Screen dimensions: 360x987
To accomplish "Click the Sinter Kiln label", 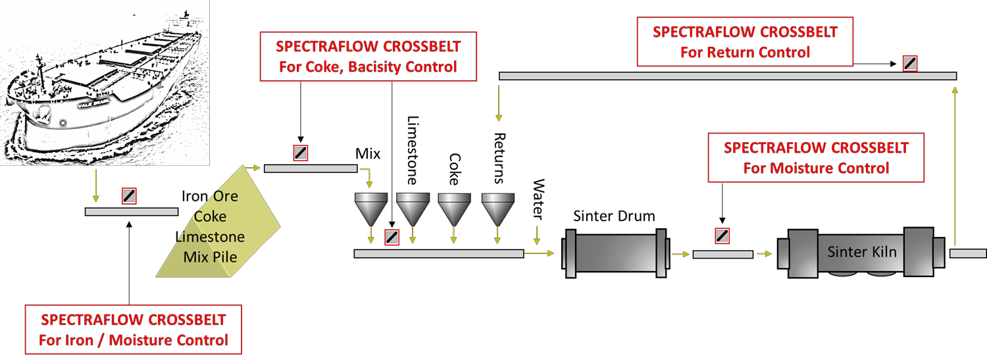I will tap(861, 252).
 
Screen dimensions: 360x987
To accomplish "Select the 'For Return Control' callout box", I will tap(745, 42).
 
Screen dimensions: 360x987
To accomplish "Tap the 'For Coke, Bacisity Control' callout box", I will tap(368, 57).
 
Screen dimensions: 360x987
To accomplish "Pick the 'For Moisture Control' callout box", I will tap(816, 158).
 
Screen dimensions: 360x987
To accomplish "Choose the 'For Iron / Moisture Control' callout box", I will tap(134, 330).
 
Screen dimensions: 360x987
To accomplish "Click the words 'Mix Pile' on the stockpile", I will tap(211, 256).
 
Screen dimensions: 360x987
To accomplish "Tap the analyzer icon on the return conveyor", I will tap(910, 63).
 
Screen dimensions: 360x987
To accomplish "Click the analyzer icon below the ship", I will tap(129, 195).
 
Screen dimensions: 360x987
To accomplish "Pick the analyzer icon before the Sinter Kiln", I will tap(722, 236).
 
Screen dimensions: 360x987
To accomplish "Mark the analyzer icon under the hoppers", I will tap(392, 237).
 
